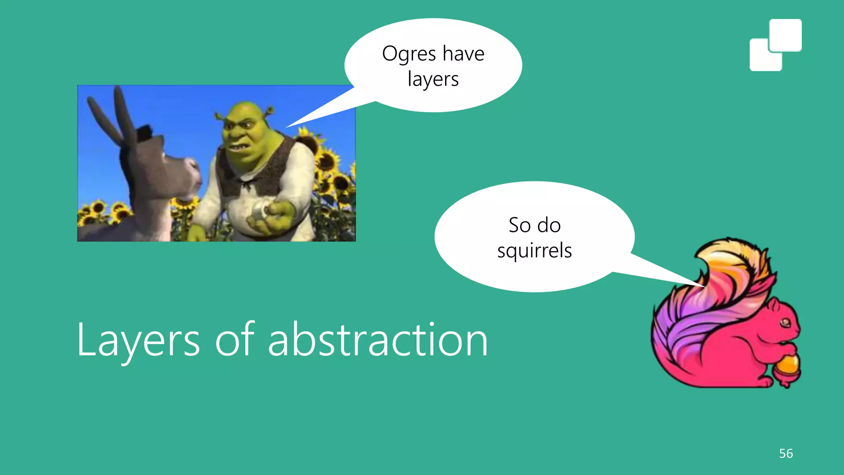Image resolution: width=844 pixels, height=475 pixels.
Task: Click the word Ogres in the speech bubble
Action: pyautogui.click(x=409, y=54)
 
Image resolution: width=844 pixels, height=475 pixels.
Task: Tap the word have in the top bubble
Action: pyautogui.click(x=464, y=54)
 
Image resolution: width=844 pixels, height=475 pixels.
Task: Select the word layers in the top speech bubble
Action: pyautogui.click(x=433, y=79)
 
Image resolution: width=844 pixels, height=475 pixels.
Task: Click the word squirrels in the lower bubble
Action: pyautogui.click(x=535, y=251)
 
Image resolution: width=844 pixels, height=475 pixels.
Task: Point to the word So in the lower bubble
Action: pyautogui.click(x=519, y=225)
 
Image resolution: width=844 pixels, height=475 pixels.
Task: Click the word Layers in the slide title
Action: pyautogui.click(x=138, y=341)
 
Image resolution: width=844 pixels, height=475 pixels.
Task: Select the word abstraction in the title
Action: pyautogui.click(x=378, y=340)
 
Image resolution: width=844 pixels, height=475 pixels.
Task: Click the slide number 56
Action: pyautogui.click(x=786, y=454)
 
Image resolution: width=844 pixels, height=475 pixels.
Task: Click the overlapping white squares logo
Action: pyautogui.click(x=775, y=45)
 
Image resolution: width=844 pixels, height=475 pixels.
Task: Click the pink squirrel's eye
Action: pyautogui.click(x=785, y=322)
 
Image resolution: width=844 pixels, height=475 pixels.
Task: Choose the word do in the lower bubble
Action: pyautogui.click(x=549, y=225)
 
